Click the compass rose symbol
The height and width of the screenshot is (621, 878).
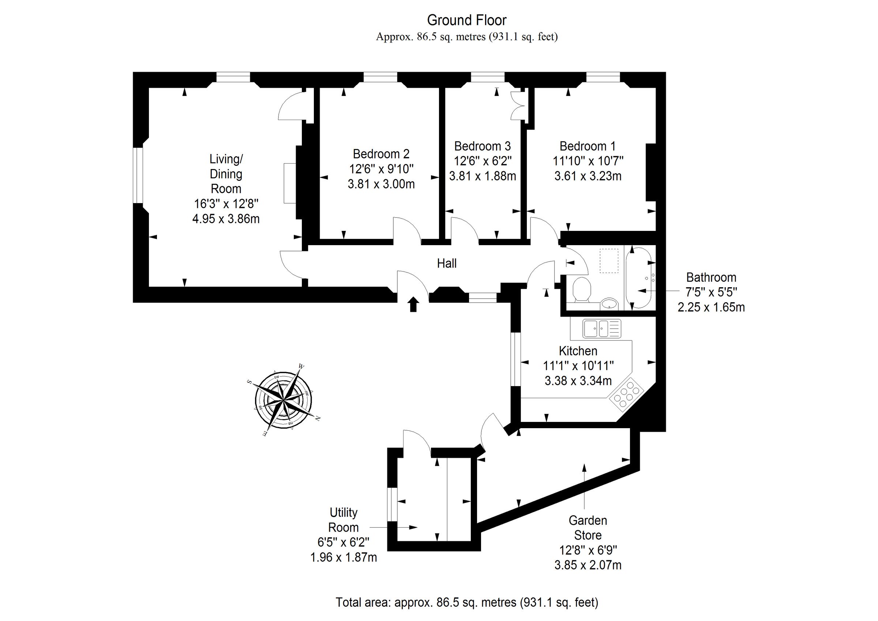click(284, 401)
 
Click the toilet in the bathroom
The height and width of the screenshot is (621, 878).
click(582, 289)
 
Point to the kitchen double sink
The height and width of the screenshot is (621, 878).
click(602, 328)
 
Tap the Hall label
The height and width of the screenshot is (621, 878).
click(447, 263)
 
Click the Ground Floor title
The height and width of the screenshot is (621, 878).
click(466, 20)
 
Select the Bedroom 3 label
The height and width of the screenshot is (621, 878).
click(482, 146)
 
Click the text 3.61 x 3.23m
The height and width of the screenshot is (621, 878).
click(588, 176)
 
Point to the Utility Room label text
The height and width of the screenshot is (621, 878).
click(344, 520)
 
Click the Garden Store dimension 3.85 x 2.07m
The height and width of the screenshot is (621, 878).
click(588, 565)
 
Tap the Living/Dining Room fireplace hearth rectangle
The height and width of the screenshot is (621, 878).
click(289, 183)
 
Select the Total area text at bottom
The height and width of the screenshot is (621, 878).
click(466, 602)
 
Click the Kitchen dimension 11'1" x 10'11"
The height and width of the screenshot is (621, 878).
click(578, 366)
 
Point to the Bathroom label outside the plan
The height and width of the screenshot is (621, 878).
click(711, 277)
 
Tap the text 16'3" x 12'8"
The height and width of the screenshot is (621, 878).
click(226, 203)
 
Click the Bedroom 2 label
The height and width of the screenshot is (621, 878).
click(381, 154)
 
